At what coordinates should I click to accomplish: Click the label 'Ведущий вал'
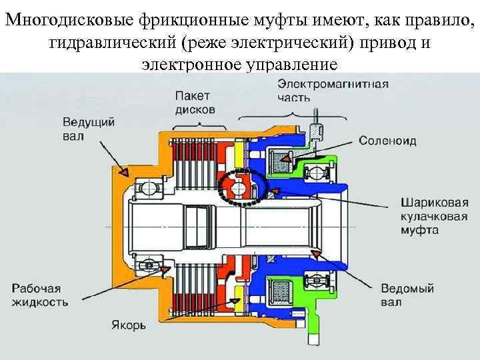pos(89,129)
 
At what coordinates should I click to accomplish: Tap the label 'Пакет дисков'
pos(195,102)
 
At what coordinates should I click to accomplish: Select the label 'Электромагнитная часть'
pos(333,91)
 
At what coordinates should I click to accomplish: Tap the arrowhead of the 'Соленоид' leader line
pos(281,158)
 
